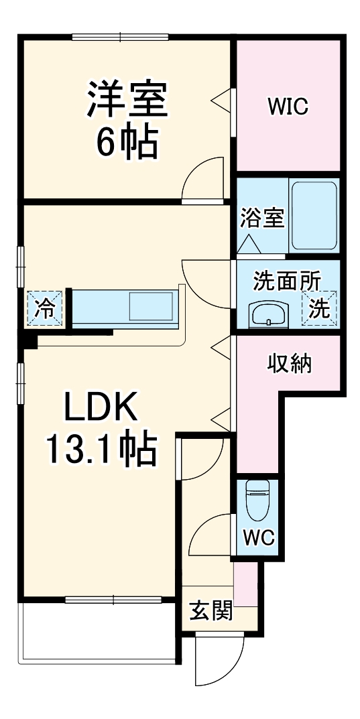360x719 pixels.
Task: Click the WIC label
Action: coord(288,107)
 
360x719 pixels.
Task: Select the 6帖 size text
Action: coord(126,141)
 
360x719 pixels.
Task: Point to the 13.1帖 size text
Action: coord(101,450)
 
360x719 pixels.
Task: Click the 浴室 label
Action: coord(262,218)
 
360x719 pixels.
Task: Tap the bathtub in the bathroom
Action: coord(313,215)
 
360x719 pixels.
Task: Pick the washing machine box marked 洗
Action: coord(320,309)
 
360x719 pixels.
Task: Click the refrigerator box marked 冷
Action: coord(46,309)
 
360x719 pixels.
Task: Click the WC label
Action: coord(258,537)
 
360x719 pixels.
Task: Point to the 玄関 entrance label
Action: coord(210,610)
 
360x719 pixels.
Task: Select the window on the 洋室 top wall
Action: coord(121,38)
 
